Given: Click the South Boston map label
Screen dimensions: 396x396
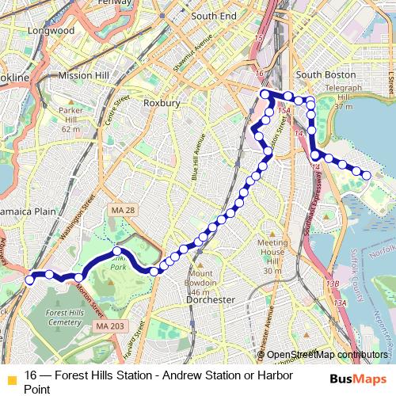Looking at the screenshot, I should coord(325,74).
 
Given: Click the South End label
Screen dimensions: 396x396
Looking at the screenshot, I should coord(213,16).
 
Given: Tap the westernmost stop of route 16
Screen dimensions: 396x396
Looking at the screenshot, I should coord(29,280).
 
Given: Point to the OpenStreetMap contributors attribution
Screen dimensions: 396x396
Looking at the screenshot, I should coord(326,354).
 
